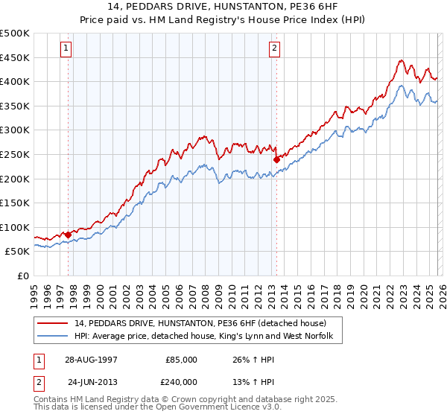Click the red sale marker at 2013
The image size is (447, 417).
(276, 159)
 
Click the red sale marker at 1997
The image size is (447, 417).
(69, 235)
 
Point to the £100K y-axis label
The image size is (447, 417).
(15, 227)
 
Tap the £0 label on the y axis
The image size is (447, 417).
(22, 276)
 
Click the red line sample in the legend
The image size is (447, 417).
(54, 323)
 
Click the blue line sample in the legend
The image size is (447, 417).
(54, 337)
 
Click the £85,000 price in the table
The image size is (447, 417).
(182, 359)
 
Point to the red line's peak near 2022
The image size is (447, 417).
(401, 60)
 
